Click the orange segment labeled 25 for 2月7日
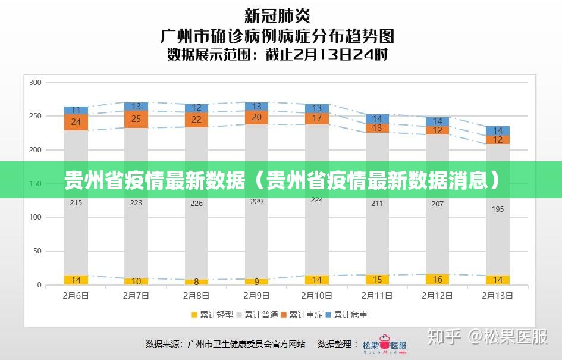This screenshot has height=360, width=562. click(x=136, y=119)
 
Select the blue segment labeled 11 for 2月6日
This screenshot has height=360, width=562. click(x=76, y=110)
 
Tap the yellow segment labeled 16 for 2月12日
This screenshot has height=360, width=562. click(x=438, y=279)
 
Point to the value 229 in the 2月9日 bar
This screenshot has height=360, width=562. click(x=257, y=202)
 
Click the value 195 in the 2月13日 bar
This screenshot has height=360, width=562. click(x=498, y=209)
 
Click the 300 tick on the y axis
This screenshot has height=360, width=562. click(x=35, y=82)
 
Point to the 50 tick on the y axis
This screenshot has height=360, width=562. click(x=37, y=251)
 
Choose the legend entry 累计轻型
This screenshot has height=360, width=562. click(x=212, y=315)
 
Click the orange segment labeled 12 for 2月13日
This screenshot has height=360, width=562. click(x=498, y=140)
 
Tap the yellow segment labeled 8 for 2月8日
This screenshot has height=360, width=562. click(x=196, y=282)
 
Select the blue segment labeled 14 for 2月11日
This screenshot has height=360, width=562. click(x=378, y=119)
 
